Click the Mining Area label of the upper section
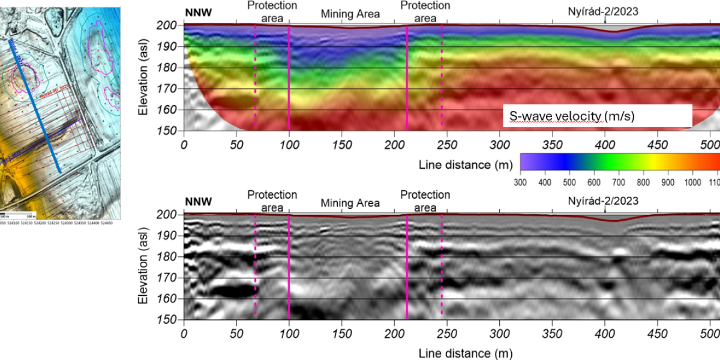350,14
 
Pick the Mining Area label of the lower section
350,203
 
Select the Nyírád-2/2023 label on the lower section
602,201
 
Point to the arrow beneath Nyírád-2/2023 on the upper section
605,20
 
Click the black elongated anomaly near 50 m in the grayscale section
231,291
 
